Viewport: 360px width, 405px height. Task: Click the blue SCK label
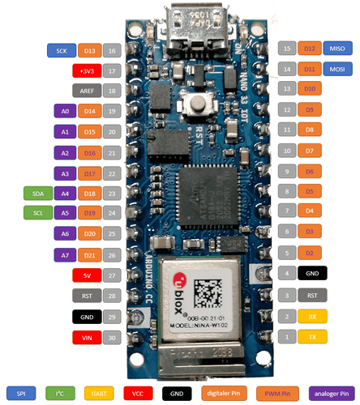62,50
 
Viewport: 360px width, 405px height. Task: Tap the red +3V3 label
87,70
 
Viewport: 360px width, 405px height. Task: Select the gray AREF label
87,91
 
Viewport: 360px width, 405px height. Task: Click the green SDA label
37,194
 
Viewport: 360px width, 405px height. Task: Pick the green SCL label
37,214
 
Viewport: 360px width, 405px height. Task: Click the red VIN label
87,337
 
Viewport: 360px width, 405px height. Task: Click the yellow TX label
312,335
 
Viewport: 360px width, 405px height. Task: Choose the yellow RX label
312,315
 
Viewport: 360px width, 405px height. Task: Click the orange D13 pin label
90,50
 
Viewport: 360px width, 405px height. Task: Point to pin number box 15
286,49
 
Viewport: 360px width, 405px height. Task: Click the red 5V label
87,275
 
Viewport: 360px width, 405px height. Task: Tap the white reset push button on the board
193,104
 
